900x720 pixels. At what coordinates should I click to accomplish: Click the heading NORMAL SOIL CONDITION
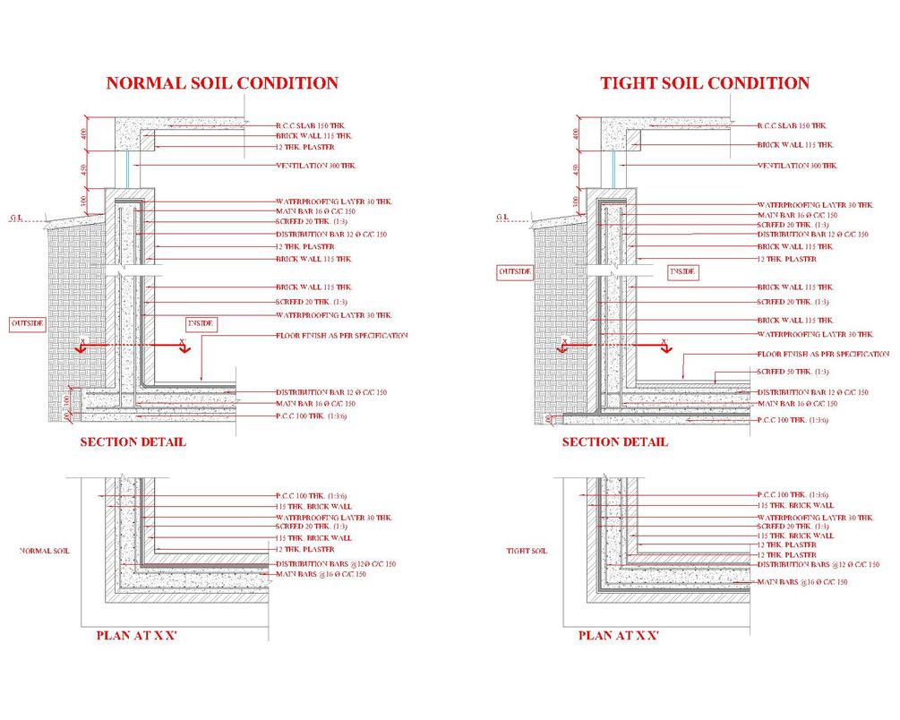[222, 83]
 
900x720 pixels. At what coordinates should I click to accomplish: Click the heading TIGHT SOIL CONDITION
[705, 83]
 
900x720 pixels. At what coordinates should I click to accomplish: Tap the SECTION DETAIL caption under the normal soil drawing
[133, 441]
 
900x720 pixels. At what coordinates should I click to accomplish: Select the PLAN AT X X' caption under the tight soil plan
[619, 636]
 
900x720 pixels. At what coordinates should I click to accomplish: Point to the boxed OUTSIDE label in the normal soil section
[27, 322]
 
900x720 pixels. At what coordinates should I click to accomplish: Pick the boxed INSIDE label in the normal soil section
[201, 322]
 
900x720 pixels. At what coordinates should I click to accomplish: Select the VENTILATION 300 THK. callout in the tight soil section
[797, 166]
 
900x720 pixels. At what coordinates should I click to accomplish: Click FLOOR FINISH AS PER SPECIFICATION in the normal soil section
[341, 336]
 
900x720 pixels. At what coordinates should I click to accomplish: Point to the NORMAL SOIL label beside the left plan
[44, 552]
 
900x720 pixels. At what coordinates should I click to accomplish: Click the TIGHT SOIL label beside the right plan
[526, 552]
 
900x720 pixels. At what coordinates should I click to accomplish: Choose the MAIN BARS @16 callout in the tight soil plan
[801, 583]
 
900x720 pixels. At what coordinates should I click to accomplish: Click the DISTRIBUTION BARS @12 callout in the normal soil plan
[336, 563]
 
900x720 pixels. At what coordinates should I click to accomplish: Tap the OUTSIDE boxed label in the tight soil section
[515, 270]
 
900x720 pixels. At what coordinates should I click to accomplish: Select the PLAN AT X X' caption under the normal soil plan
[137, 636]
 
